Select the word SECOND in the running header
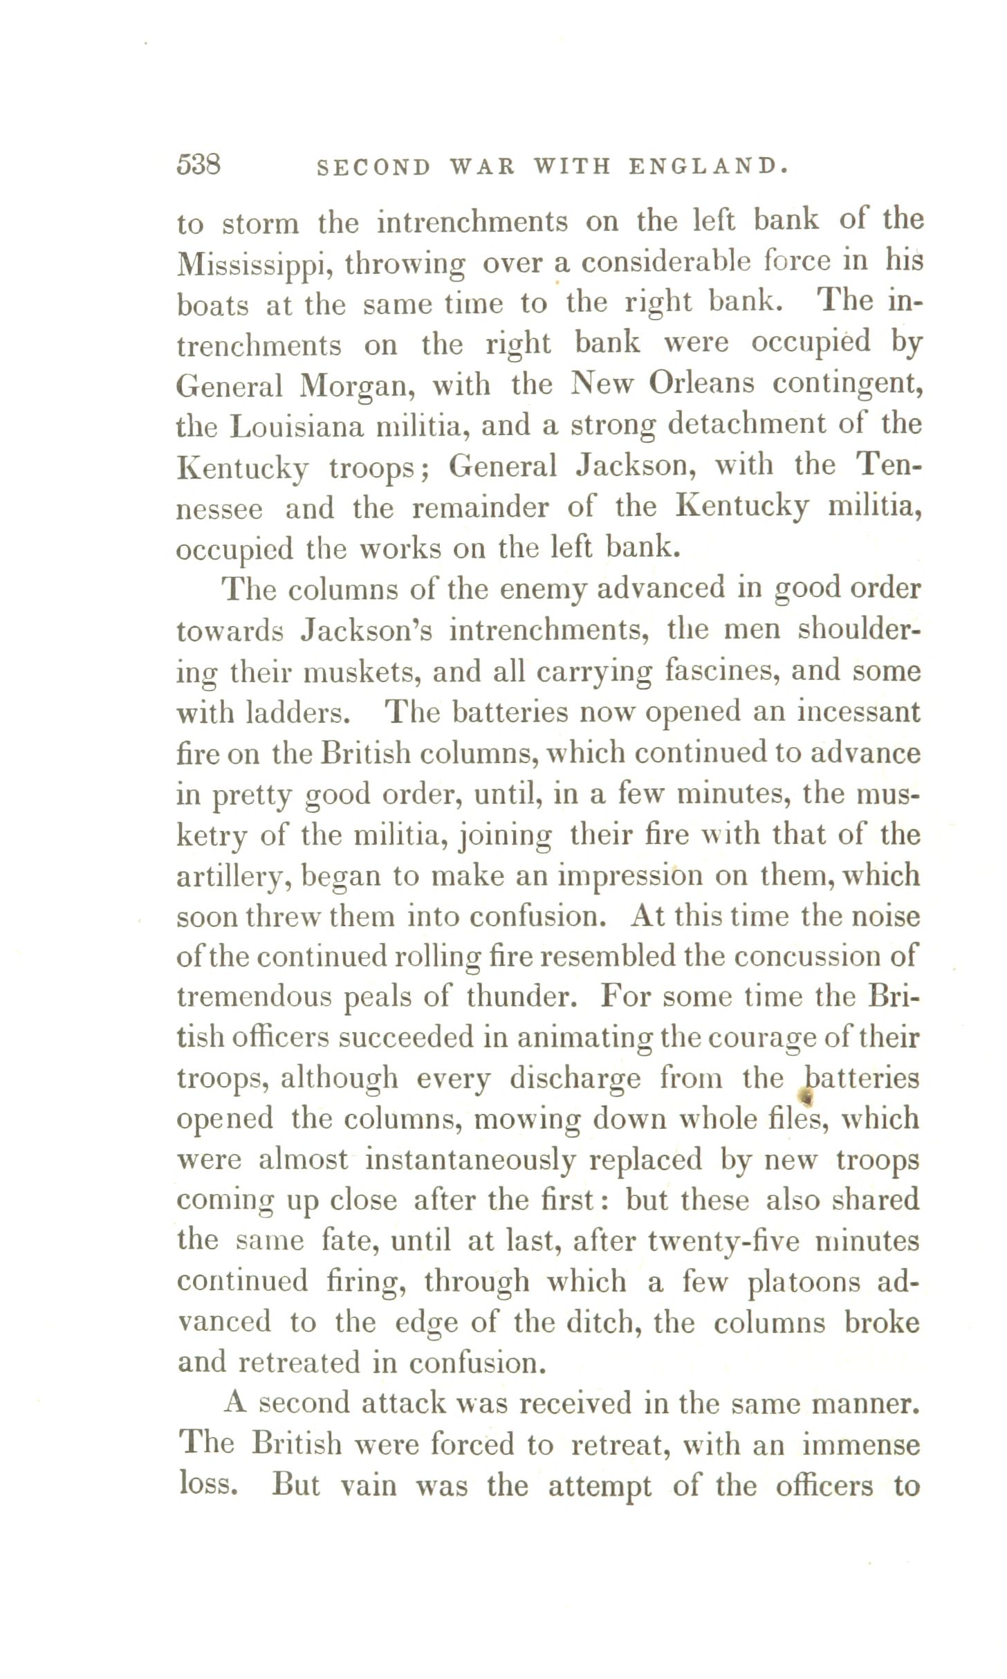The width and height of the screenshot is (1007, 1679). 373,167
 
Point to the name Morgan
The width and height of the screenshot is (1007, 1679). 357,387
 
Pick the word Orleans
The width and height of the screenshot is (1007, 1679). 701,384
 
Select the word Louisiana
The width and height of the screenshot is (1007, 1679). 297,427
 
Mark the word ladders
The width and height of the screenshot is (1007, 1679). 297,713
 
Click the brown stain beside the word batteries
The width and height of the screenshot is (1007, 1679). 804,1095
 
